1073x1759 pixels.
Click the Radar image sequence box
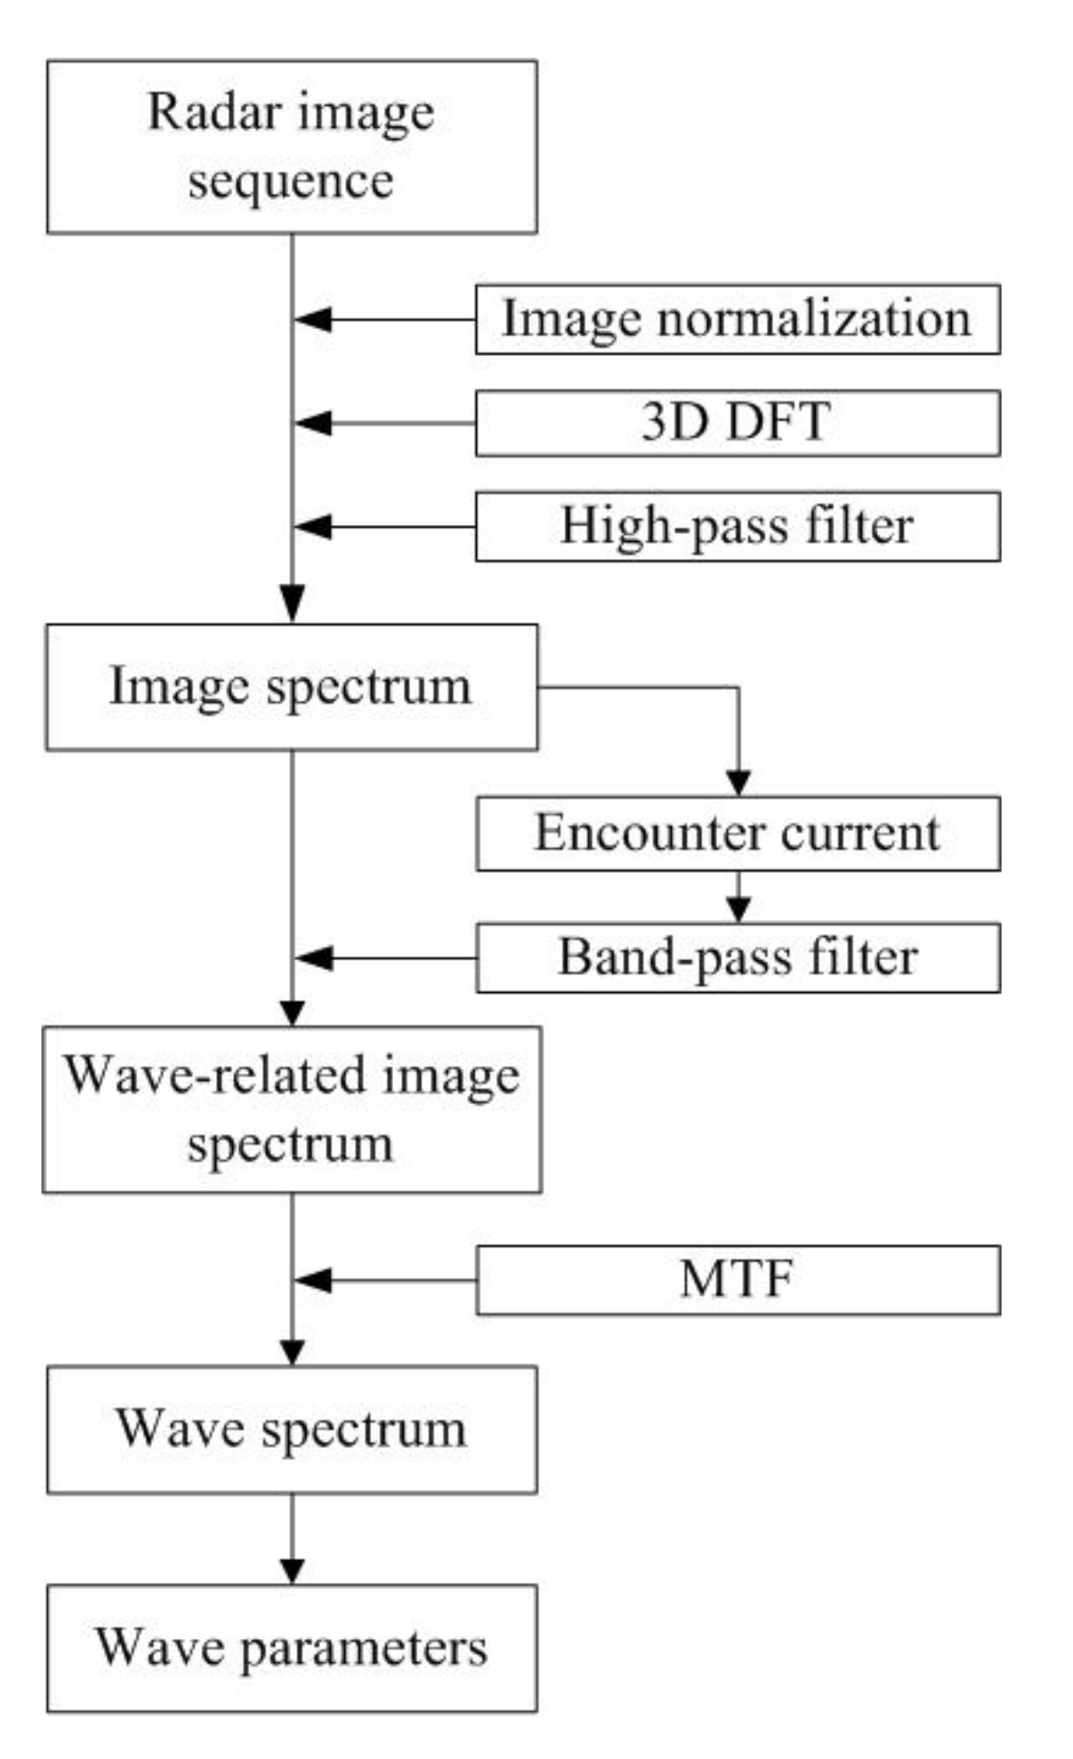292,146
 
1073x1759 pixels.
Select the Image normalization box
737,319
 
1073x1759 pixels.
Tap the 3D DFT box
737,423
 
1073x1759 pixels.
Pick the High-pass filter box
737,527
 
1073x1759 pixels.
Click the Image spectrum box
292,687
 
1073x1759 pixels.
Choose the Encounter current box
737,833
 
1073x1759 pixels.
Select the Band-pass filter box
737,958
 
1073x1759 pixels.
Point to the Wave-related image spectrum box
292,1109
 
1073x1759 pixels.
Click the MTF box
737,1279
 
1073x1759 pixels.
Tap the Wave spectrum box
292,1429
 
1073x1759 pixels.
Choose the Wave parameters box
292,1648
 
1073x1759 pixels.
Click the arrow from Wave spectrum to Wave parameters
292,1539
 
